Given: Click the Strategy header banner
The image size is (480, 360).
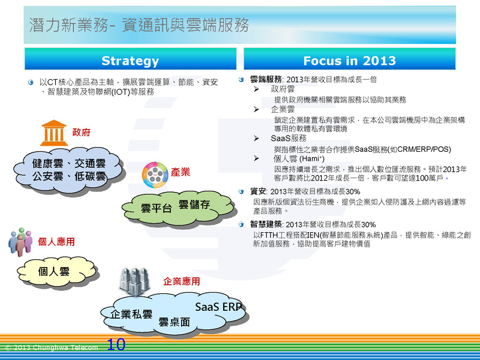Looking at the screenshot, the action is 130,59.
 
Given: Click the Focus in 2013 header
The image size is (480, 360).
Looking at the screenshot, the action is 350,59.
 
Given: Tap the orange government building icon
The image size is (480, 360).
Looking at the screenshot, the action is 53,133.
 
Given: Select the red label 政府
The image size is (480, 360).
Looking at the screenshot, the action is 82,132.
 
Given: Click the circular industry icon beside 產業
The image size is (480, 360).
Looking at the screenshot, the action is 155,175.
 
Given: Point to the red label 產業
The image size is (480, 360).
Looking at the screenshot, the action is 181,172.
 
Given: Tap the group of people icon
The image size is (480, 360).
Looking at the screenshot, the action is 20,242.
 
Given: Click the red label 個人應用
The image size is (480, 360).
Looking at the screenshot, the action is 56,242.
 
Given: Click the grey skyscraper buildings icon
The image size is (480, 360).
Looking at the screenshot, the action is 134,282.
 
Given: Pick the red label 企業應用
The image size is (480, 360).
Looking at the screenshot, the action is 182,281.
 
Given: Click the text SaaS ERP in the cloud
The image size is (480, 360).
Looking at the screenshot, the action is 218,307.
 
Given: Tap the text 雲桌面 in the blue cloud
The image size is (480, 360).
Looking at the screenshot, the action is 174,322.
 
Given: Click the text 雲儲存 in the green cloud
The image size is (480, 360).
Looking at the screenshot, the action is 194,205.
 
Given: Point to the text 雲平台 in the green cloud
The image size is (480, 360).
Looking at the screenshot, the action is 156,208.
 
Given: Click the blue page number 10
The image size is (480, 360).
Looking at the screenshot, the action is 116,344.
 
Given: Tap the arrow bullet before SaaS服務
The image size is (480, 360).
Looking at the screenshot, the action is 256,139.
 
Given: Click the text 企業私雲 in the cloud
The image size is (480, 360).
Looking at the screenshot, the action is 131,314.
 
